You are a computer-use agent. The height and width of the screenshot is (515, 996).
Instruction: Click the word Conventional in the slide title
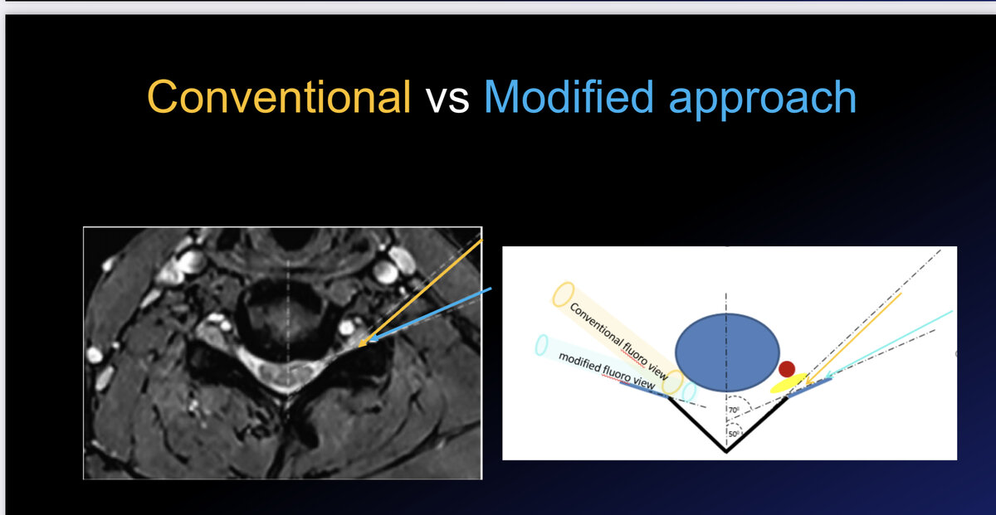(x=279, y=96)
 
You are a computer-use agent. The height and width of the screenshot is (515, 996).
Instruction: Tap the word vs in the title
(x=447, y=99)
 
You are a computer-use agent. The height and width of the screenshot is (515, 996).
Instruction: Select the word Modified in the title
(x=569, y=96)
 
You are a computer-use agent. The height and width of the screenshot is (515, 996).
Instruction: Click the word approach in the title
(x=763, y=100)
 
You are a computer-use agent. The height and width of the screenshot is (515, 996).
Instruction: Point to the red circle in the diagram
(x=787, y=369)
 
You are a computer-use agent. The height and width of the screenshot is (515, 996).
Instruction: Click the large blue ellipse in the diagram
(x=727, y=352)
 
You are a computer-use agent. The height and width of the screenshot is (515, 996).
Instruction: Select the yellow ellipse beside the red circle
(x=788, y=383)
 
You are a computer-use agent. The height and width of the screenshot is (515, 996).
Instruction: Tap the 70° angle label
(x=734, y=410)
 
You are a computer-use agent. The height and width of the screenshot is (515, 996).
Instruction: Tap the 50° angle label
(x=734, y=434)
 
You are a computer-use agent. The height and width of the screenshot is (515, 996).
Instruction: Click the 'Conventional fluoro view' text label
(x=618, y=341)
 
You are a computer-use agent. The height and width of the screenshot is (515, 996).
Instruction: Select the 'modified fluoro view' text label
(x=607, y=370)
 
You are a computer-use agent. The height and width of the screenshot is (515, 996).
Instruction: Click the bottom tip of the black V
(x=726, y=452)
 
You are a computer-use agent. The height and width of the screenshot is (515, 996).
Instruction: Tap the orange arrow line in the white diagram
(x=853, y=338)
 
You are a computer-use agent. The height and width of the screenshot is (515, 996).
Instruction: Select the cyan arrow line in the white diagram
(x=888, y=343)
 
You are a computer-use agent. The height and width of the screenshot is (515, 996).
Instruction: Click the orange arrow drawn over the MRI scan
(x=420, y=293)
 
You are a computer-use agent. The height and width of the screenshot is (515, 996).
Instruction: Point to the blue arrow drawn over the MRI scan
(x=431, y=314)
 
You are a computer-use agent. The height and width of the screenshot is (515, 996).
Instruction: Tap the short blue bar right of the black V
(x=809, y=387)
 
